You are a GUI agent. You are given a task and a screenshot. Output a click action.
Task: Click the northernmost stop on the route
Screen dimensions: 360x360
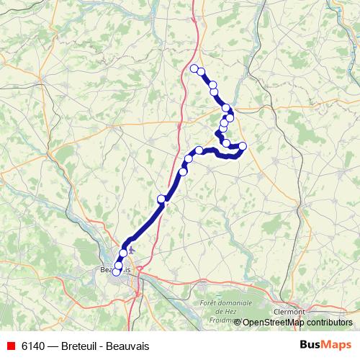194,68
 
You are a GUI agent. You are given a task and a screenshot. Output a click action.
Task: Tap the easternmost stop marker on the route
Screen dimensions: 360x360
243,147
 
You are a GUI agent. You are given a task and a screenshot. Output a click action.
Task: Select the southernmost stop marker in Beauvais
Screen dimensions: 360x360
117,272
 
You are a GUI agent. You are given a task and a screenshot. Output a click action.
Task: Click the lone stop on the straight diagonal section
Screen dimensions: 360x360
161,198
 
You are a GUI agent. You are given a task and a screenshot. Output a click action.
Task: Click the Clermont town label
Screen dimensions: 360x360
289,311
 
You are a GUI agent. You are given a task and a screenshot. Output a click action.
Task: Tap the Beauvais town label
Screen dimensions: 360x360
114,269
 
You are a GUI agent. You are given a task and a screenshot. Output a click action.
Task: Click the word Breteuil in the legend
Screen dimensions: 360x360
83,345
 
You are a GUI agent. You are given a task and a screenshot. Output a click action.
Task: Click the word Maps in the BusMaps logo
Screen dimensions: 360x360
336,344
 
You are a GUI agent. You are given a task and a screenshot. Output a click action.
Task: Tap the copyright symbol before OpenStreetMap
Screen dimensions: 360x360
238,323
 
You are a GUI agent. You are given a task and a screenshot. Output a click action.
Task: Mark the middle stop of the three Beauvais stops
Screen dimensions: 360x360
119,266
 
